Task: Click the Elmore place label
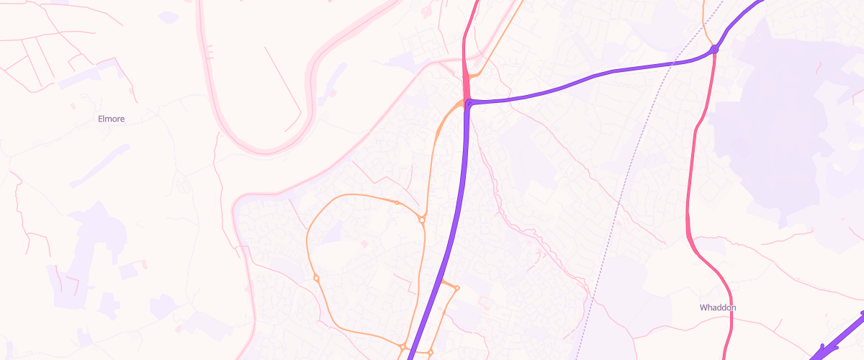[x=111, y=120]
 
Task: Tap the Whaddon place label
[x=718, y=307]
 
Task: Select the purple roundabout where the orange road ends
[x=714, y=49]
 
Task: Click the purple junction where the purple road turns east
[x=469, y=104]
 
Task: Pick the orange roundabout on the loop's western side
[x=315, y=278]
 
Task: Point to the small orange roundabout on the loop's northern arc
[x=397, y=202]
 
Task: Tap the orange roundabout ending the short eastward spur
[x=457, y=288]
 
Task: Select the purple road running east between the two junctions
[x=590, y=76]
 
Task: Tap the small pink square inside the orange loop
[x=364, y=244]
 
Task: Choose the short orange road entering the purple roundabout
[x=708, y=32]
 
